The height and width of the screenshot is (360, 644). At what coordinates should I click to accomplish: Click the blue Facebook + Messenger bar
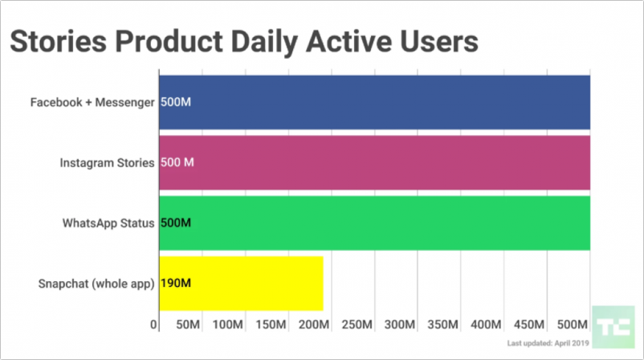374,102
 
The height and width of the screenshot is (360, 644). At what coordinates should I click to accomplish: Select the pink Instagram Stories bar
374,162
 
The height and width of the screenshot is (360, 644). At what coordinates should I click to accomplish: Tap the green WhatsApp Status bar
374,223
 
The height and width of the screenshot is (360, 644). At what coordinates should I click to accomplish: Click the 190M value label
175,283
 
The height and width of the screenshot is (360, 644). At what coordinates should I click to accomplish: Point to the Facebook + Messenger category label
92,103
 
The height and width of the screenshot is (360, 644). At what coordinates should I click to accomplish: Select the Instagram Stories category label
107,163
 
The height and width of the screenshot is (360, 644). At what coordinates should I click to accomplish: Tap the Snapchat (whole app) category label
96,283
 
